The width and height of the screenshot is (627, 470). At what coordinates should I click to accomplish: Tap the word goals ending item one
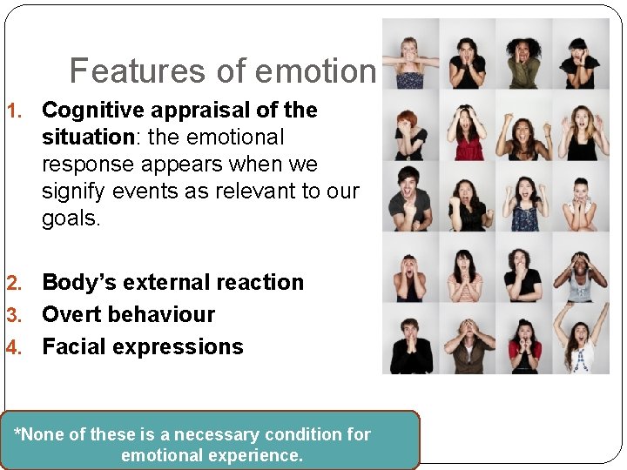(x=71, y=218)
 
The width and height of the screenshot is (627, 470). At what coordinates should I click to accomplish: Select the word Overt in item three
(x=72, y=315)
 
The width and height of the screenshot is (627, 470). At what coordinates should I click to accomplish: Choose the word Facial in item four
(x=73, y=347)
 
